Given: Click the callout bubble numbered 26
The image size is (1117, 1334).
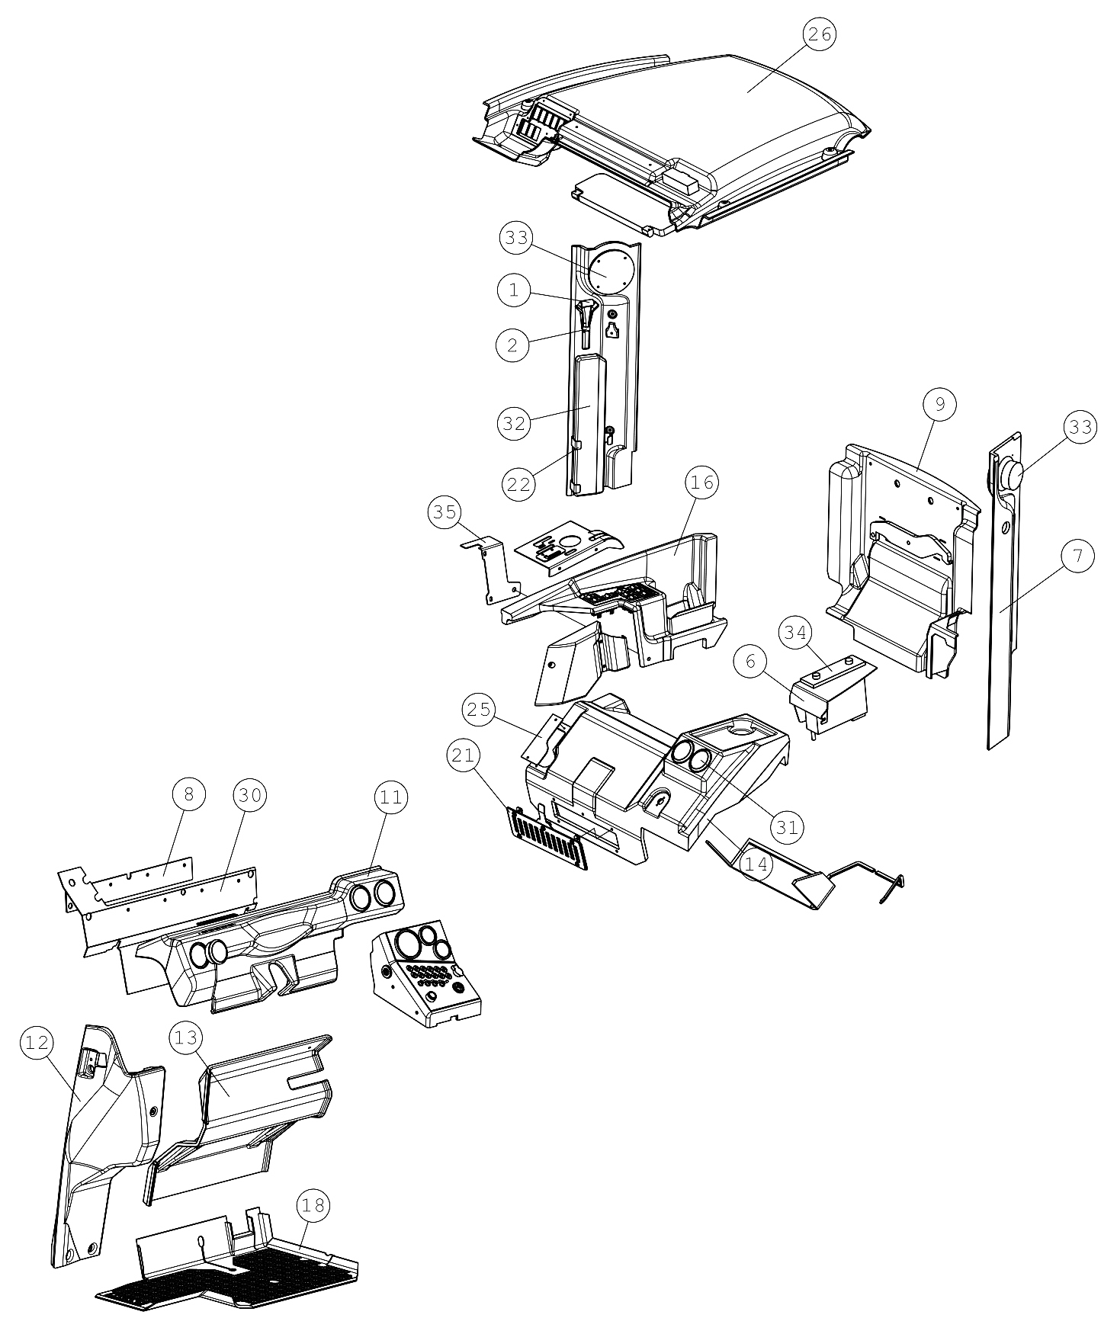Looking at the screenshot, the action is click(x=820, y=34).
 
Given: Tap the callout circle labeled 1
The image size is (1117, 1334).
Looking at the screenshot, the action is click(x=514, y=290).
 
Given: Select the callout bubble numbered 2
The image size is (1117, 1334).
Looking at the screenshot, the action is click(x=512, y=345).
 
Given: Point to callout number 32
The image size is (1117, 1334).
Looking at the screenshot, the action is click(x=515, y=423).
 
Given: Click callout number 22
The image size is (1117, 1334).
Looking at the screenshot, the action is click(x=518, y=484).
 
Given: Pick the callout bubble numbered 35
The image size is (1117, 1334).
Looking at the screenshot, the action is click(x=445, y=513).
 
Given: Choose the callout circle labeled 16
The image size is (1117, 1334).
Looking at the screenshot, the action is click(x=701, y=483).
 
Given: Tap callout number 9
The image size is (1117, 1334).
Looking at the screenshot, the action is click(x=940, y=405).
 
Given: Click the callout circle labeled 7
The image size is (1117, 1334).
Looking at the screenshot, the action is click(x=1077, y=557).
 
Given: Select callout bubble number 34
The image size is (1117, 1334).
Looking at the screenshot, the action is click(x=796, y=632).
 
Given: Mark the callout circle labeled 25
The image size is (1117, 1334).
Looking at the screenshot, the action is click(x=479, y=710).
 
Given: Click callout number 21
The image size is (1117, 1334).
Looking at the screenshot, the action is click(x=464, y=756).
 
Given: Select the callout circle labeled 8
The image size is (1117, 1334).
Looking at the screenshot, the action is click(x=189, y=795).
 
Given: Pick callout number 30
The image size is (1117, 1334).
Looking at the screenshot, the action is click(x=250, y=796).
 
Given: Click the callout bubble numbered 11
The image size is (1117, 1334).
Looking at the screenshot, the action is click(x=391, y=798).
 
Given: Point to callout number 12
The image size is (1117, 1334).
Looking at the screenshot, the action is click(x=37, y=1043).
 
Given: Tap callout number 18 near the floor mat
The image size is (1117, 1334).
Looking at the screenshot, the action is click(x=313, y=1205).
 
